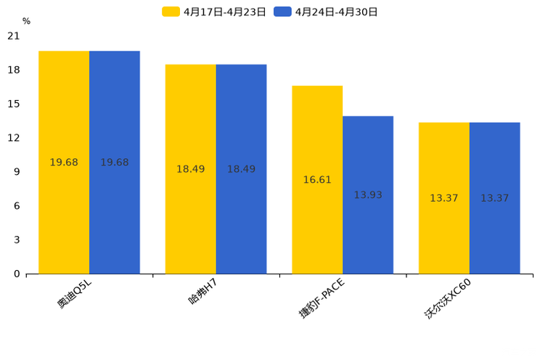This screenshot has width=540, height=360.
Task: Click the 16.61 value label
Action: (317, 180)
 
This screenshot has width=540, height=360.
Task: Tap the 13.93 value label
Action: (368, 195)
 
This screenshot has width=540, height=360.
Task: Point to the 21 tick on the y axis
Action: (14, 36)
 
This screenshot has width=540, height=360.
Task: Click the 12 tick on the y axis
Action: (14, 138)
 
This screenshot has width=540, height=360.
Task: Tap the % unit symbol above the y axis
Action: (26, 22)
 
